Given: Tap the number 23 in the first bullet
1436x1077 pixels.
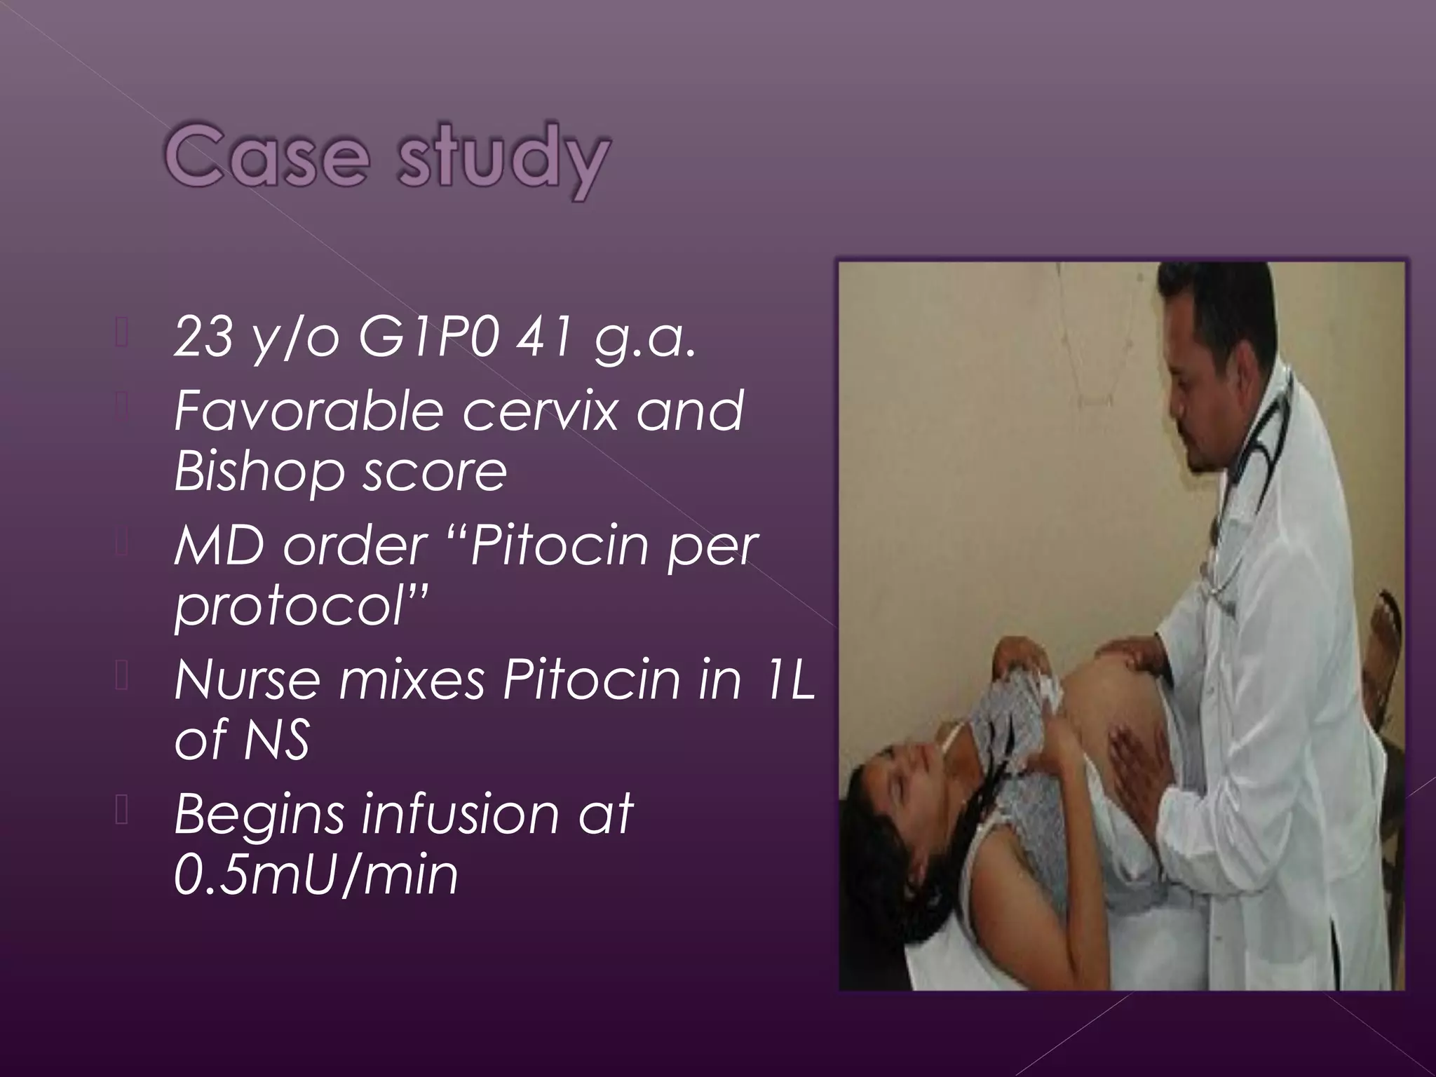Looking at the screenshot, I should (x=204, y=337).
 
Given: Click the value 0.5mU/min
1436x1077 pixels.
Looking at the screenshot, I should (x=316, y=875).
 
